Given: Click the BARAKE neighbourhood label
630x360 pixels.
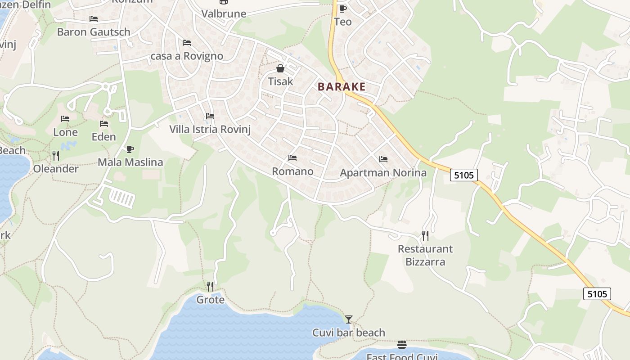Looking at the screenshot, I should (x=342, y=87).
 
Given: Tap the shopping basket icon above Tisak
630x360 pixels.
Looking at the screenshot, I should (x=280, y=68).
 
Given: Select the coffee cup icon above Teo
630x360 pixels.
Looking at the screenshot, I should (x=342, y=9).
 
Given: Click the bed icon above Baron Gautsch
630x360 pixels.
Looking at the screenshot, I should (x=94, y=19).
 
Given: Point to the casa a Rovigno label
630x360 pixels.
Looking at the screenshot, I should (x=187, y=56).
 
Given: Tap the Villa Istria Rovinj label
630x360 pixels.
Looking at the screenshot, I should (x=210, y=129).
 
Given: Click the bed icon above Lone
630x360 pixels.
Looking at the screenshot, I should (x=65, y=119).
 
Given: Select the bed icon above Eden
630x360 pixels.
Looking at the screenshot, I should (x=104, y=124).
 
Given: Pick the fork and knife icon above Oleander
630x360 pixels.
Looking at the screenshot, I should (x=56, y=156).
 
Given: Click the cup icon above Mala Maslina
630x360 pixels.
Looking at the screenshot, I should (x=130, y=149).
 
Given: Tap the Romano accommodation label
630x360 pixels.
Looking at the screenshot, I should (x=292, y=171).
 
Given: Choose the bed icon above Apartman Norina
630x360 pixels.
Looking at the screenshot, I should (x=383, y=159).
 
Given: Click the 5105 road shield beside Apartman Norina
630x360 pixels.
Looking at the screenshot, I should (x=464, y=175).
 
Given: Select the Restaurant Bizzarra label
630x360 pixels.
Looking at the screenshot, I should (x=425, y=255).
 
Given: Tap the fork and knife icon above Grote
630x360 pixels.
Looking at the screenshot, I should (x=210, y=286).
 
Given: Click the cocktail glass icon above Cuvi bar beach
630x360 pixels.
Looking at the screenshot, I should (x=349, y=319).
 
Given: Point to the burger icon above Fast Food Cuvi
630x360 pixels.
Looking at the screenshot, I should (x=402, y=345).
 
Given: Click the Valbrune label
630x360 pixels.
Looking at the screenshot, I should (x=224, y=13).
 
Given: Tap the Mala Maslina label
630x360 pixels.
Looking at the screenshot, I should (x=130, y=162).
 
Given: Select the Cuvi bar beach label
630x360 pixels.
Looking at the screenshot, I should (x=349, y=333).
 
